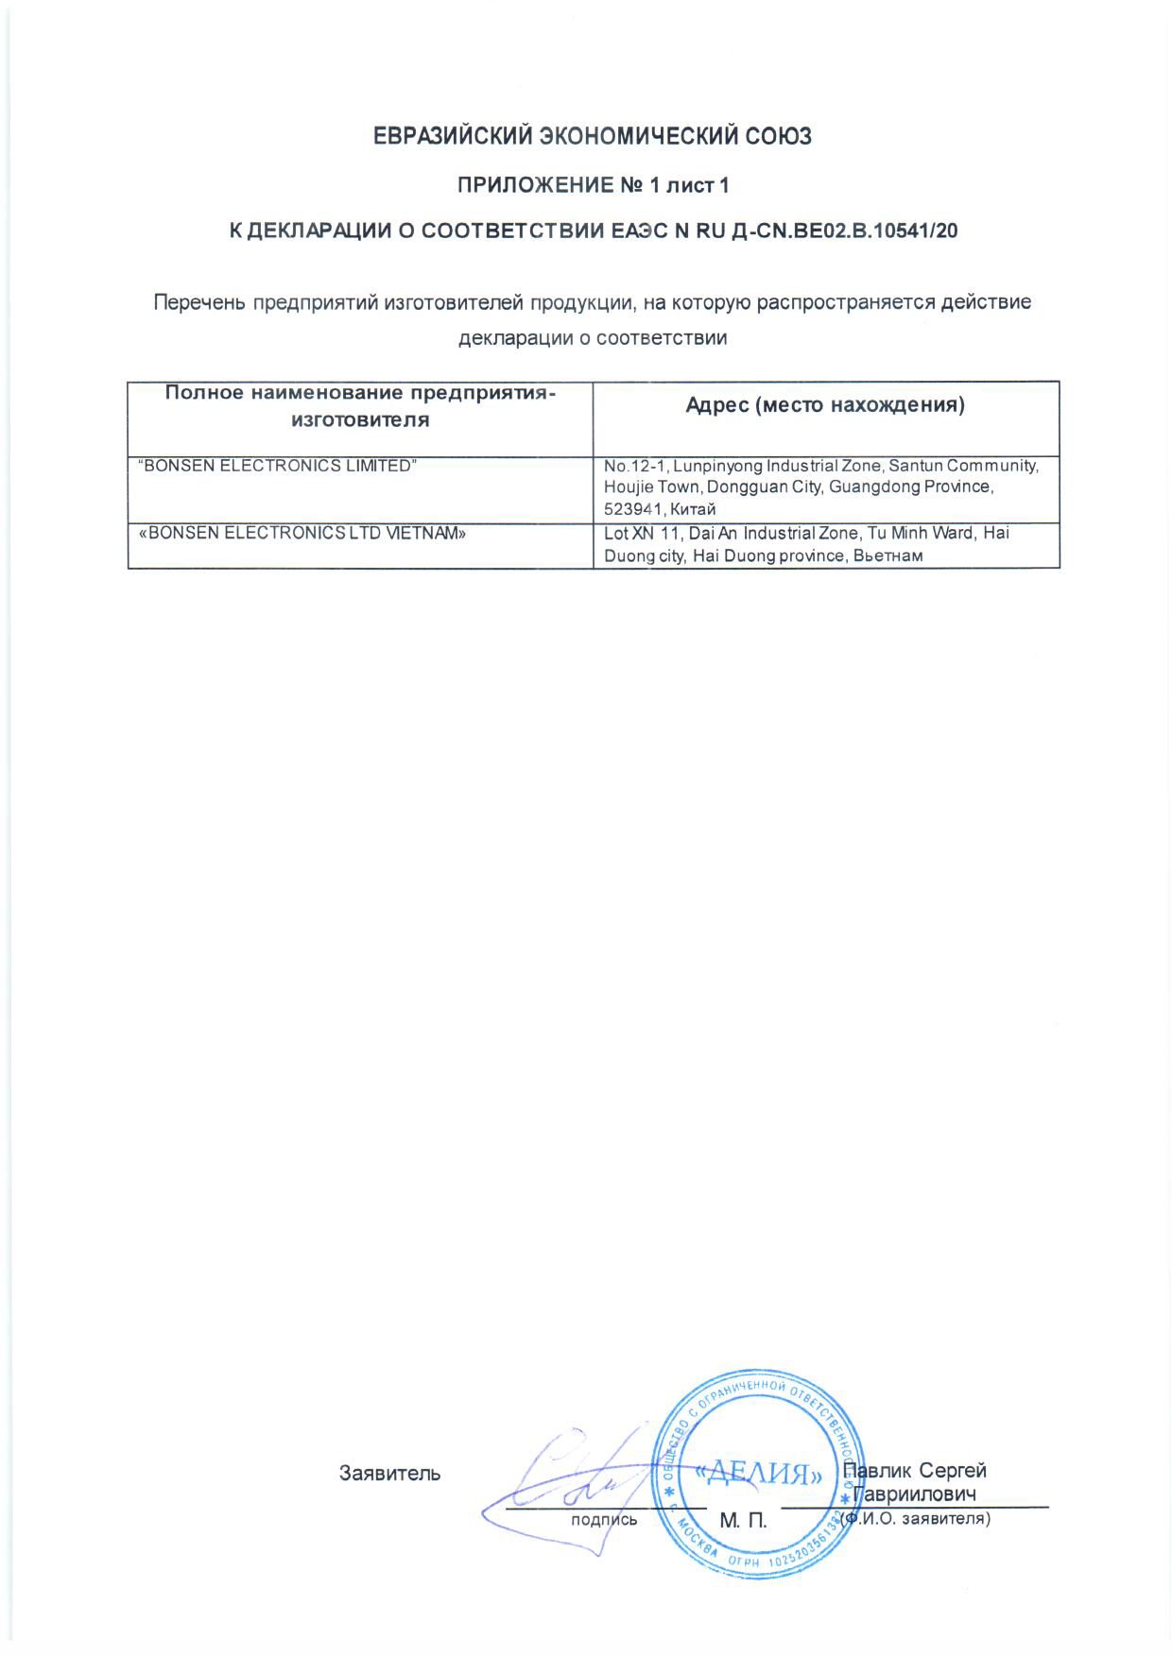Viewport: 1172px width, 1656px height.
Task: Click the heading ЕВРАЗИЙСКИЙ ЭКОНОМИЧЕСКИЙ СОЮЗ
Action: tap(593, 137)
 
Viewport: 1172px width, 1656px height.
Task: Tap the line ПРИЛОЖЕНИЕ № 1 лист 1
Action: tap(593, 185)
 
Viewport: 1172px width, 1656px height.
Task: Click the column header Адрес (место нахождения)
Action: tap(825, 406)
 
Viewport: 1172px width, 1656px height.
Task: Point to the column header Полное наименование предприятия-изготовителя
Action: tap(359, 406)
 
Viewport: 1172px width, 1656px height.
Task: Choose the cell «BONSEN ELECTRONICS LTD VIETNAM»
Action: tap(302, 533)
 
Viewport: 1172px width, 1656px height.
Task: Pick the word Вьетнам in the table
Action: tap(888, 556)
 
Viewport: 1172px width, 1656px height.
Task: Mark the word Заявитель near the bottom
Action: tap(389, 1473)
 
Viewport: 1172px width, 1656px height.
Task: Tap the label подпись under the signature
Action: tap(604, 1520)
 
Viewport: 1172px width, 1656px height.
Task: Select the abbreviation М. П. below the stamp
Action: tap(743, 1521)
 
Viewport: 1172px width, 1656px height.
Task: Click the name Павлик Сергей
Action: tap(915, 1471)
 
